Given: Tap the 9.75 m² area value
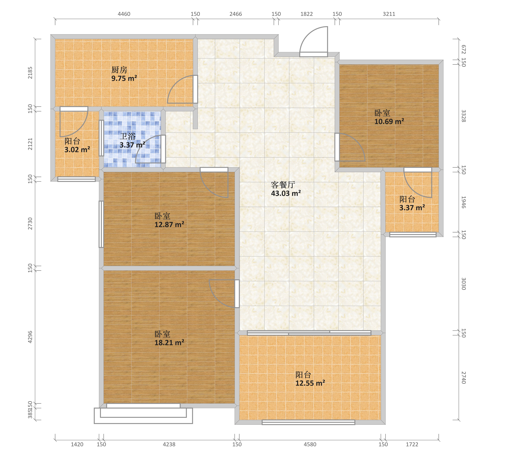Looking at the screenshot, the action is click(x=124, y=78).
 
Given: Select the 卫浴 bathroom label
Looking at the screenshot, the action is click(x=128, y=136).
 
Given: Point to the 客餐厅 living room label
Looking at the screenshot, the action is click(x=283, y=185).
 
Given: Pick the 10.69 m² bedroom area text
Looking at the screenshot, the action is click(x=389, y=122).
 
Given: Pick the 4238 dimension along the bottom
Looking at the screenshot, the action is click(x=169, y=444).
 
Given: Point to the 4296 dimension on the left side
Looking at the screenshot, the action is click(x=30, y=337).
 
